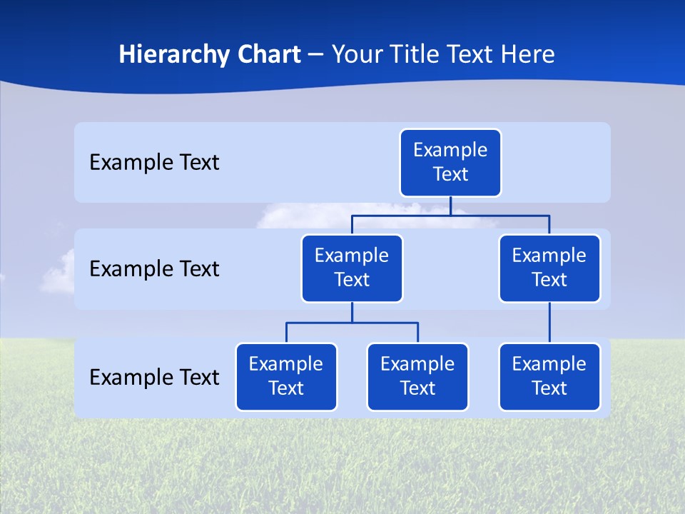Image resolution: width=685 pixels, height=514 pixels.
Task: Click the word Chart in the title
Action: coord(268,54)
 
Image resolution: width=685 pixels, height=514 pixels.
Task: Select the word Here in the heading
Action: coord(527,54)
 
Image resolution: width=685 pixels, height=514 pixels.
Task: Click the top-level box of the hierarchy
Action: coord(450,162)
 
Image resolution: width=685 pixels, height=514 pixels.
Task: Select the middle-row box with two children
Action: coord(352,268)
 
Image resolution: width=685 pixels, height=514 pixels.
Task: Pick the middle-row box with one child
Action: coord(549,268)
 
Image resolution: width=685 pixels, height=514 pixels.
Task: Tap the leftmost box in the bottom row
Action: coord(286,376)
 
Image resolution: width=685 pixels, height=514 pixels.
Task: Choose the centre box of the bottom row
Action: coord(417,376)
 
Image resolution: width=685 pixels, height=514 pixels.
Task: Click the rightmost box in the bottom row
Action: coord(549,376)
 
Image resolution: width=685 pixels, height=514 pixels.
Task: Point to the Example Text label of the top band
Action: coord(154,163)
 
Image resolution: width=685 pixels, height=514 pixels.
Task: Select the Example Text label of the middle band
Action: coord(154,269)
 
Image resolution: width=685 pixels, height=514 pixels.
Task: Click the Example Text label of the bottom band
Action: coord(154,377)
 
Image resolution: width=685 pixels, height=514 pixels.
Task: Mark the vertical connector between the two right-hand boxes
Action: coord(549,323)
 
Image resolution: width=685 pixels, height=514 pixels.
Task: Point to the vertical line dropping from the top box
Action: coord(450,206)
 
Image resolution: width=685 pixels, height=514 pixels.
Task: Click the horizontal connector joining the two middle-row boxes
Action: coord(450,214)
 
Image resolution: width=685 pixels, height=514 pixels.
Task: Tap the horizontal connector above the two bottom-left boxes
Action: coord(352,323)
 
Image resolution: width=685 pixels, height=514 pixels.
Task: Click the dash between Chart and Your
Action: coord(316,55)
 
